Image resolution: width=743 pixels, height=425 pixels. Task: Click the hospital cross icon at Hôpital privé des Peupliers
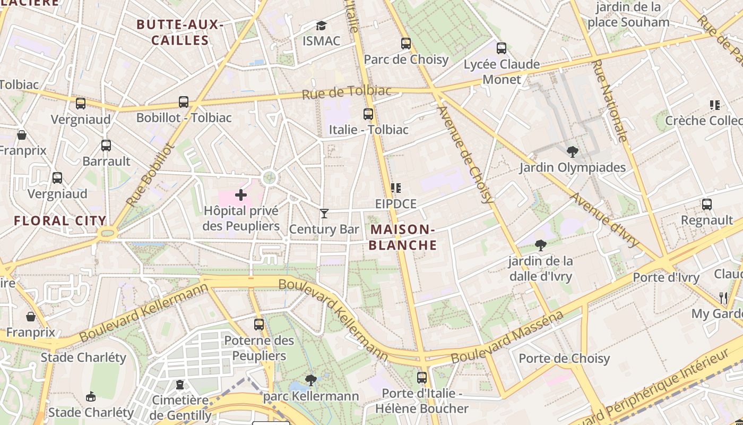tap(241, 195)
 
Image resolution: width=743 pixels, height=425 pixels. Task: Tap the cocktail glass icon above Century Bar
tap(324, 214)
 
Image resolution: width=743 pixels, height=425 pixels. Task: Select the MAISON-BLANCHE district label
tap(403, 237)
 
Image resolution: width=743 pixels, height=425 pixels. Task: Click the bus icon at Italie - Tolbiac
tap(368, 114)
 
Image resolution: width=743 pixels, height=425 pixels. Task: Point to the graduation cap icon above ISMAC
tap(321, 25)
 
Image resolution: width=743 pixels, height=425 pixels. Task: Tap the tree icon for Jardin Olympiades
tap(572, 152)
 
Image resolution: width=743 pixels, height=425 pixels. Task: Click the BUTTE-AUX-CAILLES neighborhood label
tap(179, 32)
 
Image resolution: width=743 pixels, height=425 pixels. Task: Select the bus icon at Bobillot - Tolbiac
tap(184, 101)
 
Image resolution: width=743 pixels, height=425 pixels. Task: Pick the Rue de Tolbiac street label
tap(347, 92)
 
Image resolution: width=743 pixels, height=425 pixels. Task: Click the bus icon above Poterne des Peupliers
tap(259, 324)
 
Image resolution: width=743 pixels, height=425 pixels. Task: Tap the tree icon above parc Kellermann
tap(311, 380)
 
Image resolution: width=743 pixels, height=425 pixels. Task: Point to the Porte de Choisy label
tap(564, 359)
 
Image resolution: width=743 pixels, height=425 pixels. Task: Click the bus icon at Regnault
tap(706, 204)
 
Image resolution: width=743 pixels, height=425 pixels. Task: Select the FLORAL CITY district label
tap(60, 221)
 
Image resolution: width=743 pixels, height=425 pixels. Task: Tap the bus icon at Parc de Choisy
tap(406, 44)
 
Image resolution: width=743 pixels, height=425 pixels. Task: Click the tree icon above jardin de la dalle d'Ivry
tap(541, 245)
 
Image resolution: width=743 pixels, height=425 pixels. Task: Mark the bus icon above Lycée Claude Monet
tap(502, 48)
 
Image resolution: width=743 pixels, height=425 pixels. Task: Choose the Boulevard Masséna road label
tap(507, 338)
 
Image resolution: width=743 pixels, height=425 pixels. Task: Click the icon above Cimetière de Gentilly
tap(180, 385)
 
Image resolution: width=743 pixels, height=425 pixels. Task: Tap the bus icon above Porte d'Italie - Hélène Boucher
tap(422, 378)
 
